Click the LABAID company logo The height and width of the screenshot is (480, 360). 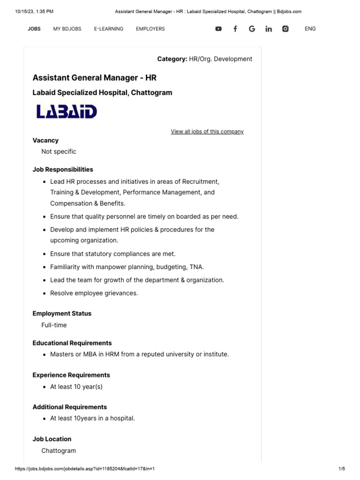click(x=67, y=112)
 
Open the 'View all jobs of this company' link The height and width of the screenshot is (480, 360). click(x=207, y=132)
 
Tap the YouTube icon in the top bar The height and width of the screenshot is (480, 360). click(x=218, y=29)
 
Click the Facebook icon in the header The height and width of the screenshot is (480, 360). click(x=235, y=29)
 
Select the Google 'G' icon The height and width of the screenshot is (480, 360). click(x=252, y=29)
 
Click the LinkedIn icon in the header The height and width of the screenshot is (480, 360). click(x=269, y=29)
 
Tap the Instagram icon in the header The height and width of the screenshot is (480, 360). click(x=285, y=29)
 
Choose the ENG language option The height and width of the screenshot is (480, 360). click(x=310, y=29)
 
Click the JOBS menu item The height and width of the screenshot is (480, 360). click(x=34, y=29)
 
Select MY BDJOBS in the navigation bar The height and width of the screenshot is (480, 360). click(x=67, y=29)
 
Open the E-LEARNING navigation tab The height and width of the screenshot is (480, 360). click(x=108, y=29)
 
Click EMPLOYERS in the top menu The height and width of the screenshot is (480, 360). click(x=150, y=29)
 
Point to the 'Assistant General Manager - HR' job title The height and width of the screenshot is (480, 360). click(x=94, y=77)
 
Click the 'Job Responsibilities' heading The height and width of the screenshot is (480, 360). click(x=63, y=170)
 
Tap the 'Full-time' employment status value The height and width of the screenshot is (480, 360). click(x=54, y=325)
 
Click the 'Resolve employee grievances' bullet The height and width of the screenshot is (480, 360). click(x=94, y=293)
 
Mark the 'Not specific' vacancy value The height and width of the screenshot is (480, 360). click(x=59, y=152)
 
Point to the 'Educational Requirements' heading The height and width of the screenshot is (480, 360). click(x=72, y=343)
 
